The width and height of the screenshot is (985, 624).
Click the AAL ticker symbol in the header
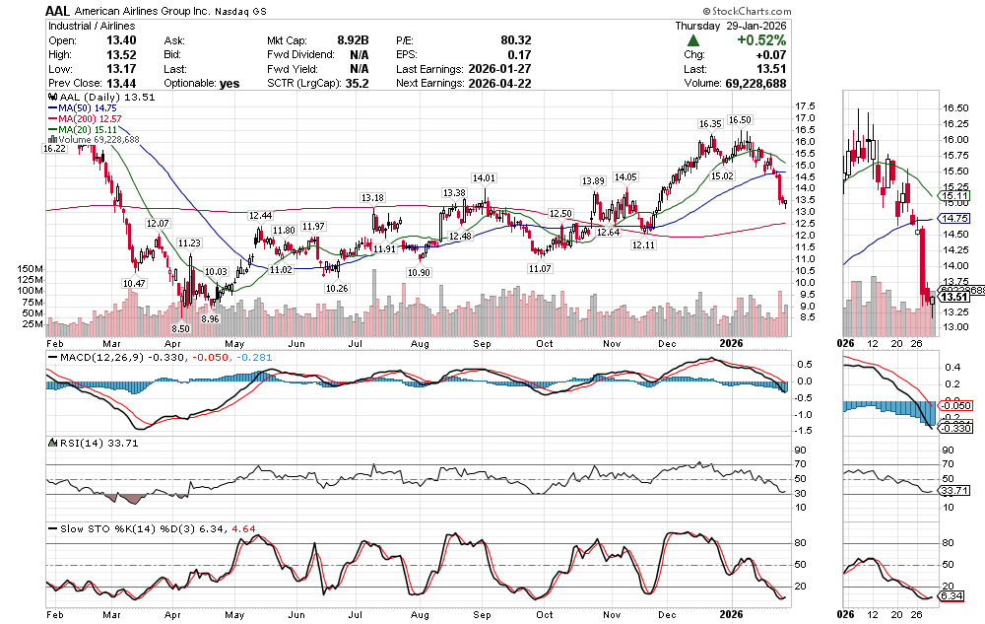56,9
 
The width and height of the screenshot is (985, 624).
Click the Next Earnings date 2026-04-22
498,84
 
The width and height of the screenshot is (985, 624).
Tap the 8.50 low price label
179,328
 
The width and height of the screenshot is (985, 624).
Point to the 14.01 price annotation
484,178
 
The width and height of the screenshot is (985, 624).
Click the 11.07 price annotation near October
539,268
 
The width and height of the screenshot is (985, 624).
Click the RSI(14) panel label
70,443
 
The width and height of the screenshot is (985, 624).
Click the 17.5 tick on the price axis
807,106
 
